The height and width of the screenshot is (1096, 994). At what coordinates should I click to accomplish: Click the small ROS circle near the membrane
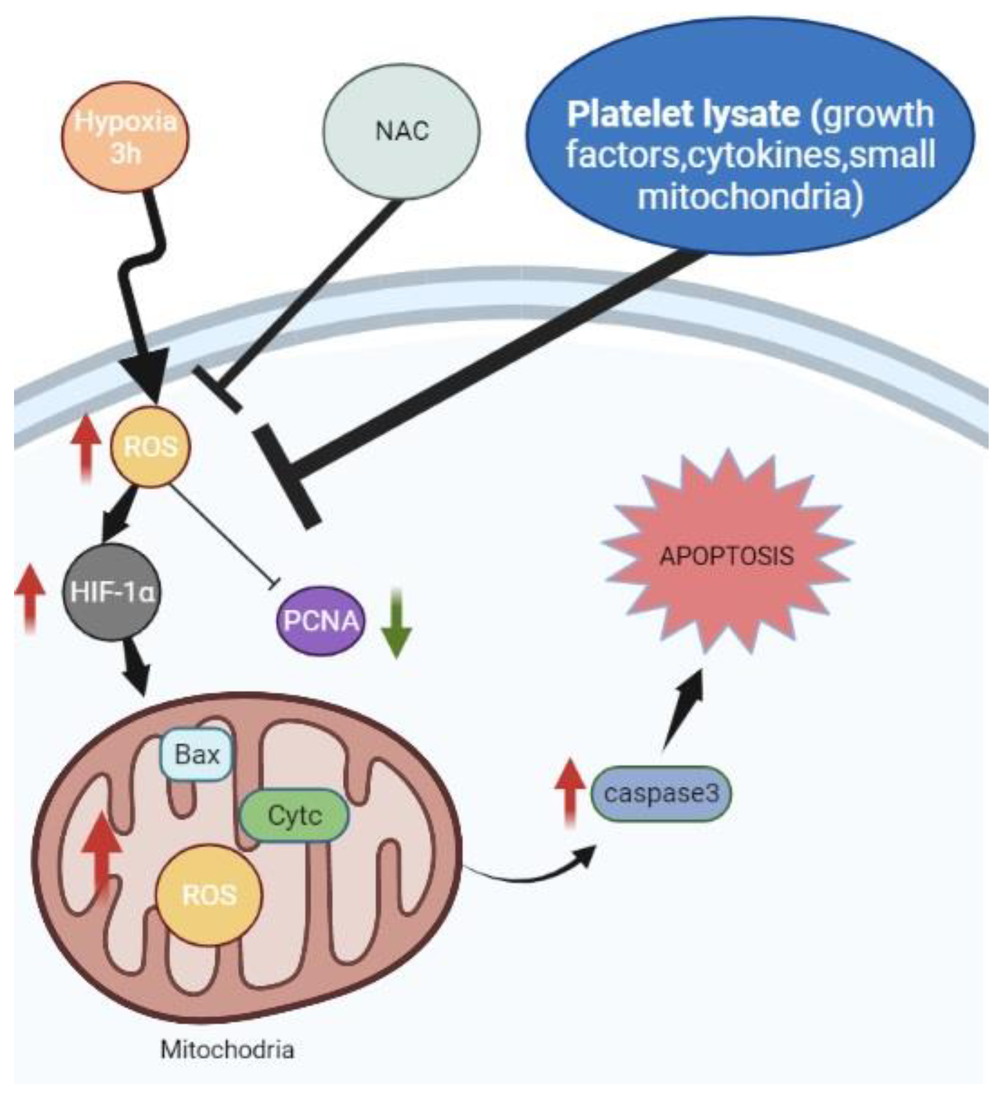pos(151,447)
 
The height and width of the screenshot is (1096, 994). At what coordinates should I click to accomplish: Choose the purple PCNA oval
pos(321,620)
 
